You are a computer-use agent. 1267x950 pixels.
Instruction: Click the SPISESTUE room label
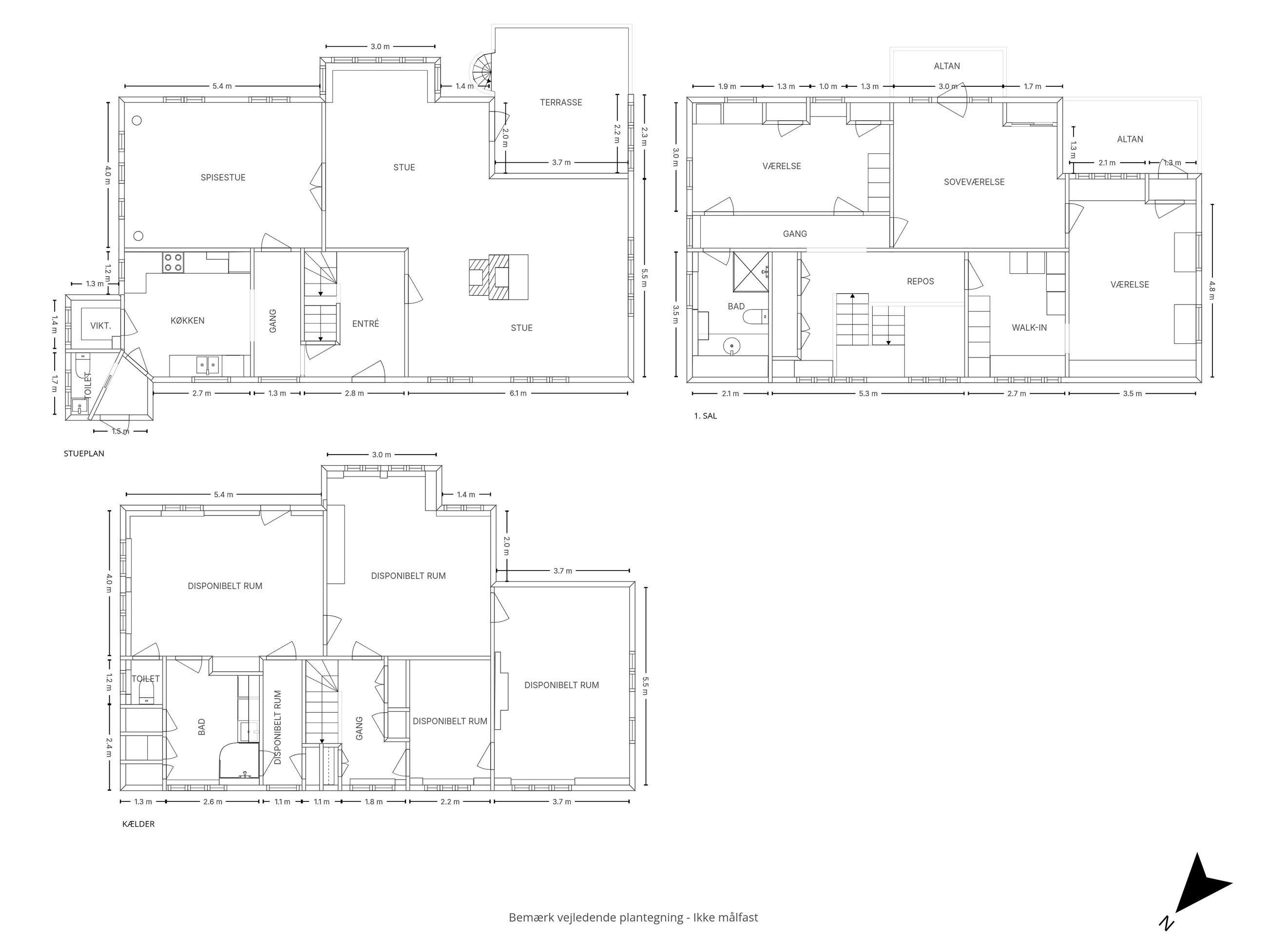(223, 177)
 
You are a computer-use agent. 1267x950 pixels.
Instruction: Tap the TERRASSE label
(561, 102)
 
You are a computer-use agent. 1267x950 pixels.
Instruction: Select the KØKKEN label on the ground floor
(187, 321)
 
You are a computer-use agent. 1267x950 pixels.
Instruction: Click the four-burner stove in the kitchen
(173, 262)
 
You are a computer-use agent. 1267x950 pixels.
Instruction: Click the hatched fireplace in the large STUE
(498, 277)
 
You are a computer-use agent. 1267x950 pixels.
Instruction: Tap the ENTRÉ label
(365, 323)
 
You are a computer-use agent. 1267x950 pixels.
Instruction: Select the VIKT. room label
(101, 326)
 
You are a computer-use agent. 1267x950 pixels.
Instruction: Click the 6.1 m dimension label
(518, 394)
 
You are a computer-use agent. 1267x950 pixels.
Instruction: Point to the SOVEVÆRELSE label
(974, 182)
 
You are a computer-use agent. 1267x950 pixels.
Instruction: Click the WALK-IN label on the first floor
(1029, 327)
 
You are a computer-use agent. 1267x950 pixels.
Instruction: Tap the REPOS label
(921, 281)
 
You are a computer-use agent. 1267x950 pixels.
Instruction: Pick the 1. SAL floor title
(705, 416)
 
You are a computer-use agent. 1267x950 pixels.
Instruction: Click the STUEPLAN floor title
(84, 454)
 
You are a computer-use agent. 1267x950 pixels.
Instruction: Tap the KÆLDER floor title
(138, 824)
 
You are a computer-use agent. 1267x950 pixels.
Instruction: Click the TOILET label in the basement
(146, 679)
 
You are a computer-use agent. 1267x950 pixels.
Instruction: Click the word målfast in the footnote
(738, 917)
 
